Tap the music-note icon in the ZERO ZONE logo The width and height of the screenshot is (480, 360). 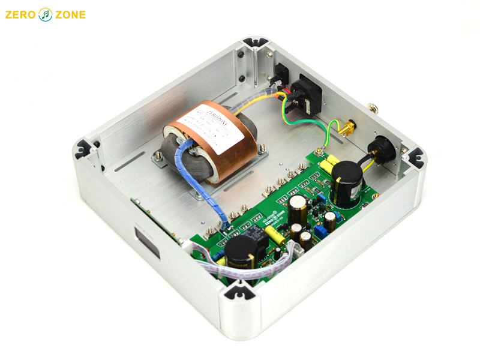click(46, 14)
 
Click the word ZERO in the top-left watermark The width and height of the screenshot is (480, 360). click(22, 14)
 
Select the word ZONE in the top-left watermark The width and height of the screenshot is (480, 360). click(69, 14)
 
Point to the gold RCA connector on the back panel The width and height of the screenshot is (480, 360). click(348, 128)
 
